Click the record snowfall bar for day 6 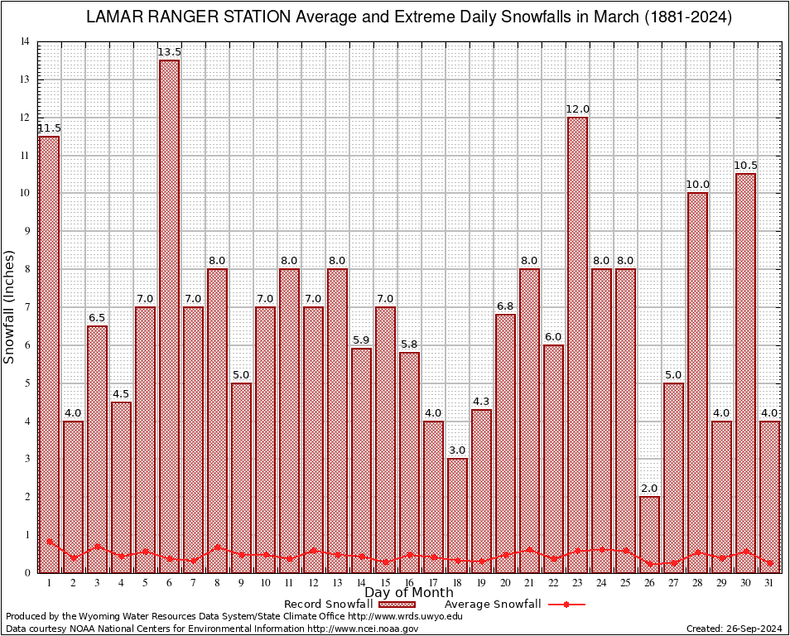click(169, 315)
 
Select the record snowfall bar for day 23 click(577, 344)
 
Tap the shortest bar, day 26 click(649, 534)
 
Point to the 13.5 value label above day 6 click(169, 52)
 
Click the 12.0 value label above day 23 click(577, 109)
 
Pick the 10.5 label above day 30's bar click(745, 166)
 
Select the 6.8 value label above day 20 click(505, 306)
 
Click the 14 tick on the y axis click(26, 41)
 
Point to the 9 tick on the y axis click(27, 231)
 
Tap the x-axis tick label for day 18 click(457, 583)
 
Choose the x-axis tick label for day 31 click(769, 583)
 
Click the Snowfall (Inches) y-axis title click(10, 306)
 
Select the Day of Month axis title click(409, 593)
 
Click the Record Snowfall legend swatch click(402, 605)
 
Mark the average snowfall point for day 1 click(49, 542)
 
